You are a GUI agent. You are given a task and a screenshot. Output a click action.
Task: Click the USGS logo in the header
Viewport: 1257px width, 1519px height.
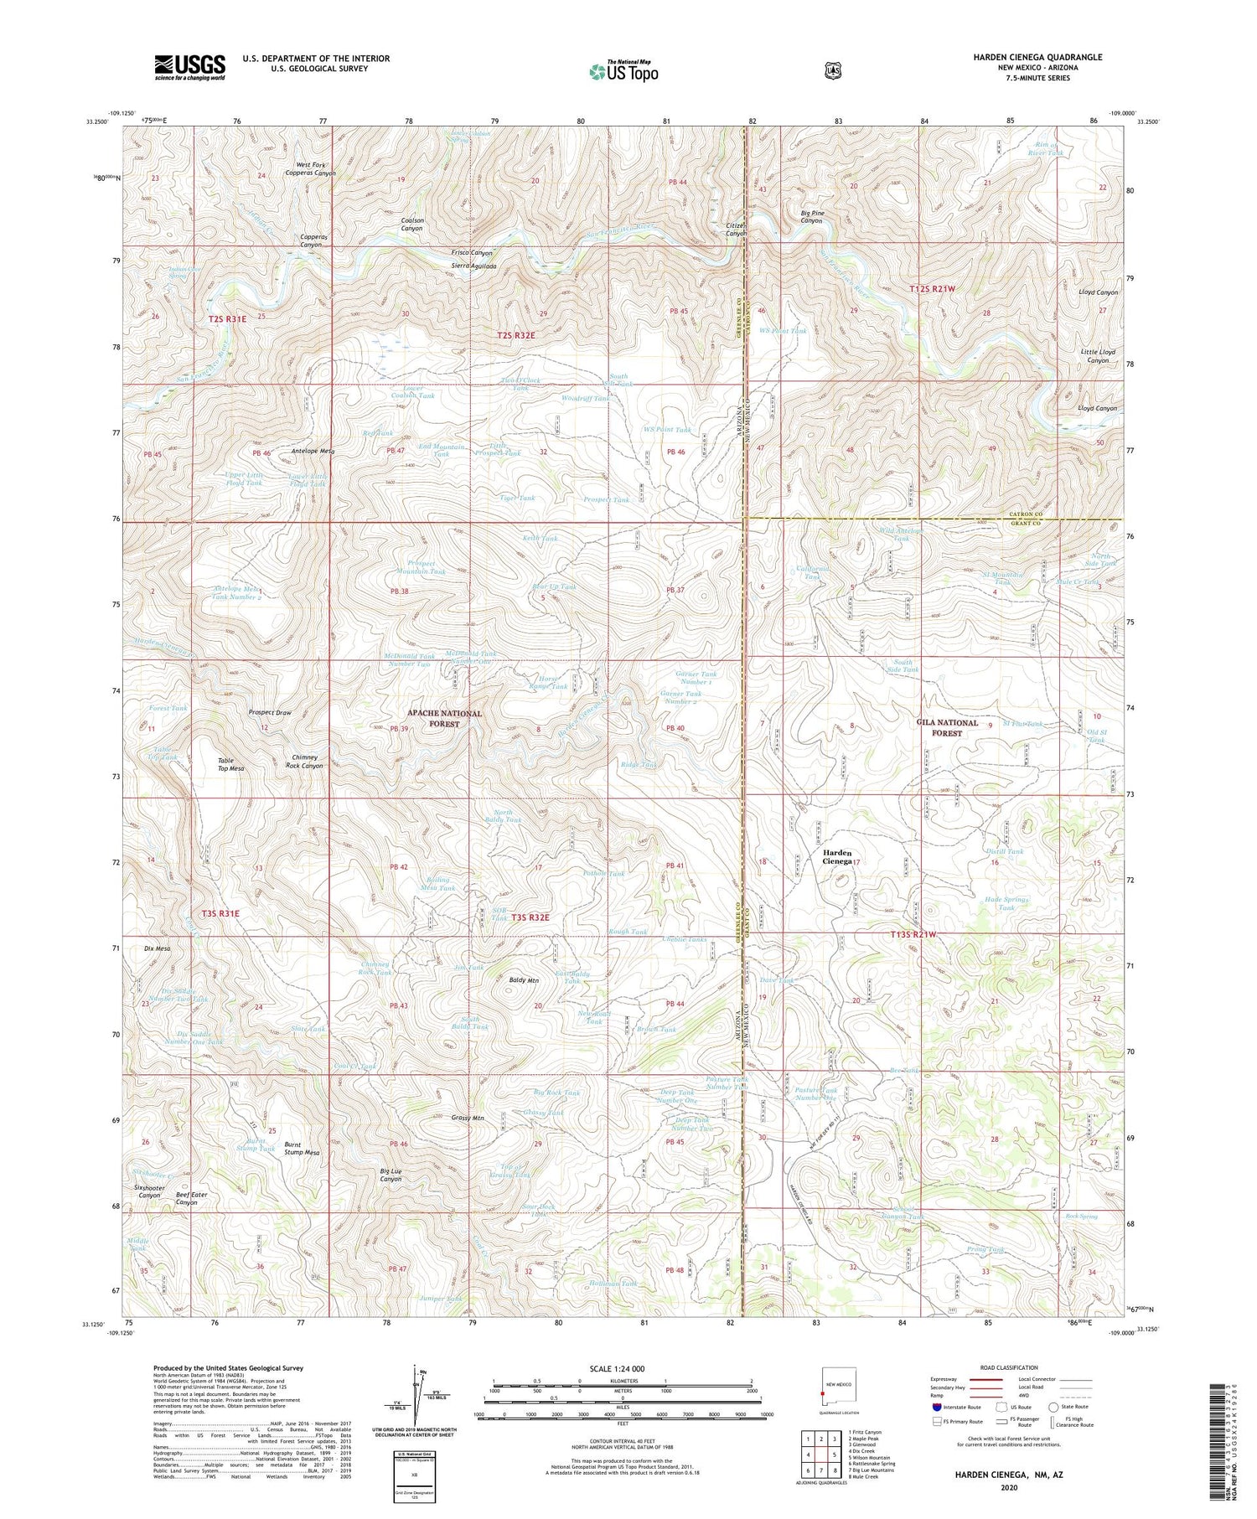tap(189, 66)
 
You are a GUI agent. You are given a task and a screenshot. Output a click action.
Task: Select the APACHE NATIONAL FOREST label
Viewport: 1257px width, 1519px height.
tap(444, 718)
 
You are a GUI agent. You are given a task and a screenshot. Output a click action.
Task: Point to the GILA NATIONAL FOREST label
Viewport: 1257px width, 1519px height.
tap(947, 727)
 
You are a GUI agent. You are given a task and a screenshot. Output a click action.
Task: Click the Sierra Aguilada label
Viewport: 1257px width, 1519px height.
tap(474, 266)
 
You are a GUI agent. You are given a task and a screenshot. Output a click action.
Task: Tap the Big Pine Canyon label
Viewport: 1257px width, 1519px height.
tap(812, 217)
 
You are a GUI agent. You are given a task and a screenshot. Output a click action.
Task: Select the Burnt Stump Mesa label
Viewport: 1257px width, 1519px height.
tap(302, 1148)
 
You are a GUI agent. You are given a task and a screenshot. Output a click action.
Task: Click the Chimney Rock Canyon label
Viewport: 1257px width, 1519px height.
tap(304, 761)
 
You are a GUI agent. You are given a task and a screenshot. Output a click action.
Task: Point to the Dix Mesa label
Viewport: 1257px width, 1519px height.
tap(158, 948)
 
